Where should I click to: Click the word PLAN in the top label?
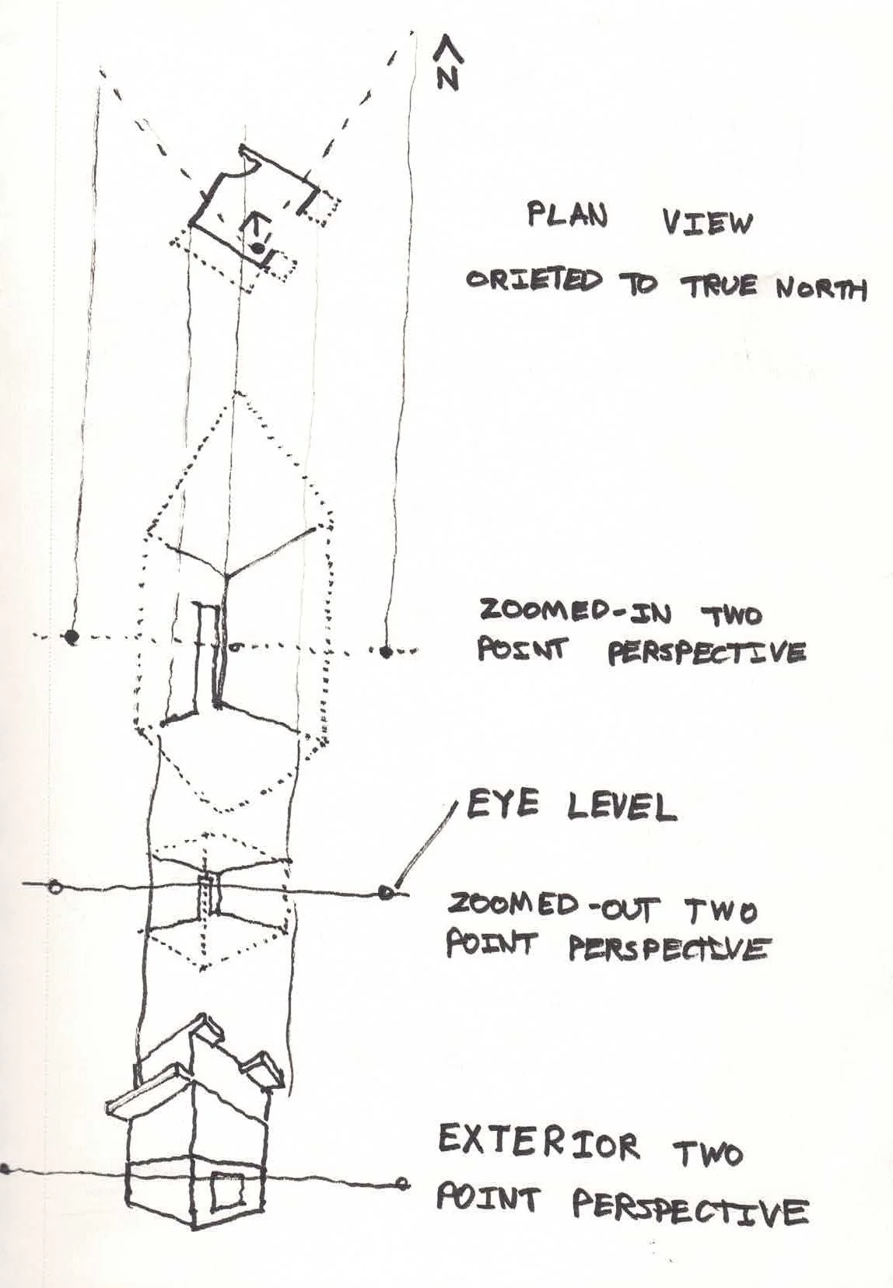[x=567, y=215]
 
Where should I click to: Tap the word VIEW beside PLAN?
[x=708, y=223]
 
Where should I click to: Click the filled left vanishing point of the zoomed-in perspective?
[x=72, y=637]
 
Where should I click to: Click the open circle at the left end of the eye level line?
[x=54, y=886]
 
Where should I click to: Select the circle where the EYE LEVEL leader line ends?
[x=386, y=892]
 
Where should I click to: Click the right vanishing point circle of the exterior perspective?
[x=401, y=1185]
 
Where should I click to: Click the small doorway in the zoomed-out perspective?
[x=206, y=894]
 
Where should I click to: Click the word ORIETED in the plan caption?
[x=534, y=280]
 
